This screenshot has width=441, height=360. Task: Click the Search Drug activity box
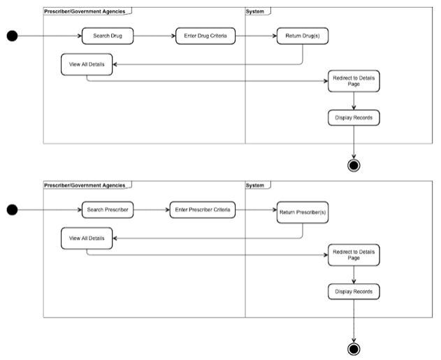pyautogui.click(x=108, y=36)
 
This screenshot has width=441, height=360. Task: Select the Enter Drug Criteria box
pyautogui.click(x=205, y=36)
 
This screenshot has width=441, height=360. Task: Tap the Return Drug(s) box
pyautogui.click(x=303, y=36)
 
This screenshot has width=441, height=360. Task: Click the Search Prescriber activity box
pyautogui.click(x=108, y=210)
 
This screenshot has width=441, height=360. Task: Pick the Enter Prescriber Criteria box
pyautogui.click(x=203, y=210)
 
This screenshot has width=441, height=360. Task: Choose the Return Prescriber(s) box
pyautogui.click(x=303, y=213)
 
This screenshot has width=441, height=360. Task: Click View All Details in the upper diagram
pyautogui.click(x=87, y=64)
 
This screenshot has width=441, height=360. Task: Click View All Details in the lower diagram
pyautogui.click(x=87, y=238)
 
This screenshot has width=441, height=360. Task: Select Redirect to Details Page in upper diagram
pyautogui.click(x=354, y=81)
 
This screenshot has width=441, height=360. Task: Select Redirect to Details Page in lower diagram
pyautogui.click(x=354, y=255)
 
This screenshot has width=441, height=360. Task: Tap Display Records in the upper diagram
pyautogui.click(x=354, y=117)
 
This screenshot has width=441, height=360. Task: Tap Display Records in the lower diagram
pyautogui.click(x=354, y=291)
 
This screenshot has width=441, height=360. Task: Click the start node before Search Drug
pyautogui.click(x=12, y=36)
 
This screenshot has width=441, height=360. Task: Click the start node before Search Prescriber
pyautogui.click(x=12, y=210)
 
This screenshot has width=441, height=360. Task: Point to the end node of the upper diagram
pyautogui.click(x=354, y=166)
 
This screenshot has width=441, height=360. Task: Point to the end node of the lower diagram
pyautogui.click(x=354, y=349)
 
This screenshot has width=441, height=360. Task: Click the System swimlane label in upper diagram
pyautogui.click(x=255, y=11)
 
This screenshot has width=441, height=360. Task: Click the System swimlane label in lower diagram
pyautogui.click(x=255, y=185)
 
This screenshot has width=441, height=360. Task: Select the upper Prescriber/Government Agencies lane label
pyautogui.click(x=85, y=11)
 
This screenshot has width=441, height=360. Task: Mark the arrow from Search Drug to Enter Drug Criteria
pyautogui.click(x=154, y=36)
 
